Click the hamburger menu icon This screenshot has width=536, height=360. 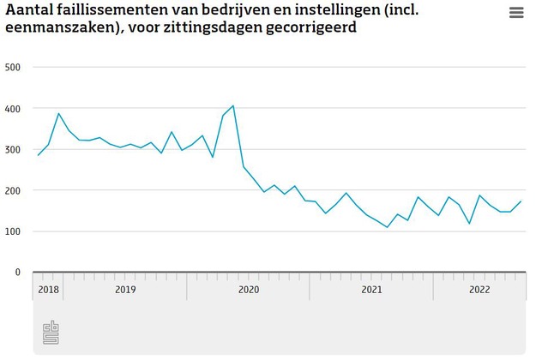pyautogui.click(x=516, y=12)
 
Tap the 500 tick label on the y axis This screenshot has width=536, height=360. pyautogui.click(x=13, y=67)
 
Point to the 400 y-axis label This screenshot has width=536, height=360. pyautogui.click(x=13, y=109)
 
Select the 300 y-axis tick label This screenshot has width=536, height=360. pyautogui.click(x=13, y=149)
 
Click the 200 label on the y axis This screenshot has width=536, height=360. pyautogui.click(x=13, y=190)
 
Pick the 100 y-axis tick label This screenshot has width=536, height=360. pyautogui.click(x=13, y=231)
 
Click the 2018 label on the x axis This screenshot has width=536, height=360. pyautogui.click(x=48, y=289)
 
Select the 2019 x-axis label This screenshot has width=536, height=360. pyautogui.click(x=125, y=289)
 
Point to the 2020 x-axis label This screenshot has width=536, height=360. pyautogui.click(x=248, y=289)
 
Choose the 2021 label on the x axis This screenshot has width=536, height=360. pyautogui.click(x=371, y=289)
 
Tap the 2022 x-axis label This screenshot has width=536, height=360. pyautogui.click(x=479, y=289)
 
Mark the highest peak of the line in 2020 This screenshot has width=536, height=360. pyautogui.click(x=233, y=105)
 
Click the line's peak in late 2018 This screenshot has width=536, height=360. pyautogui.click(x=59, y=113)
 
